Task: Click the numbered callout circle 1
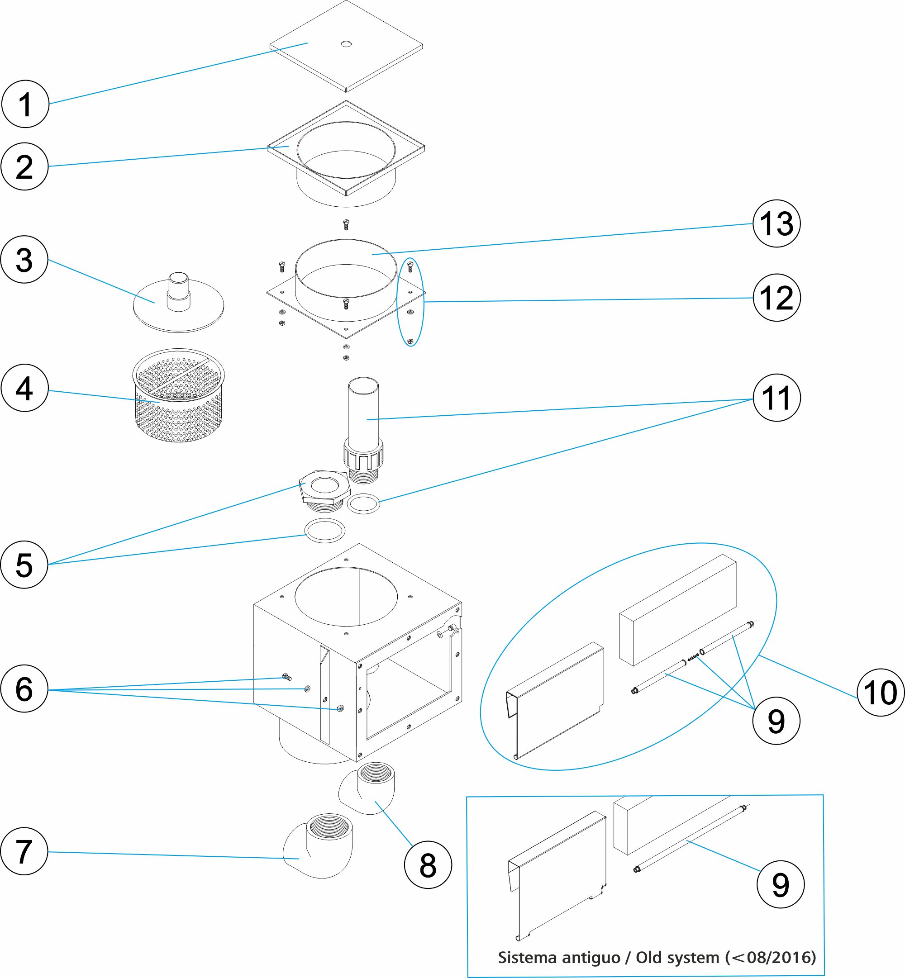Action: (x=25, y=104)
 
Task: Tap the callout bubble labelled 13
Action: (x=776, y=224)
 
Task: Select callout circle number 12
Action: (x=776, y=298)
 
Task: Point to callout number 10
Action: (x=881, y=693)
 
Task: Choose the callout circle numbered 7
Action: (x=24, y=851)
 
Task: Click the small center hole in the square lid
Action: (x=346, y=44)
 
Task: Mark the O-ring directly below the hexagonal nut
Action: (x=325, y=531)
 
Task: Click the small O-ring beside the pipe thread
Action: (x=363, y=503)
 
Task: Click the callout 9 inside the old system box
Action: (x=781, y=885)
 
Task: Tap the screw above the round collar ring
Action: (x=346, y=225)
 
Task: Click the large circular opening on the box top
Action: (x=346, y=597)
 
